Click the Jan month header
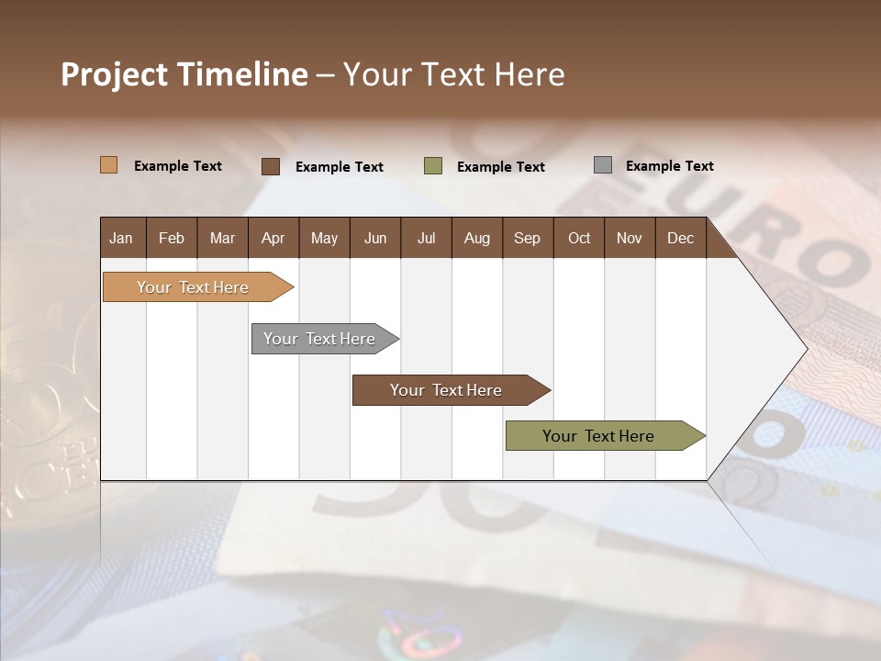122,239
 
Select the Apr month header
273,239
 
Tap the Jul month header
426,239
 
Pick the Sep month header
528,239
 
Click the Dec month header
680,239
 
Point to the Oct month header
579,239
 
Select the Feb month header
172,239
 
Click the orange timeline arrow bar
194,287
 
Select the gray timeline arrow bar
320,339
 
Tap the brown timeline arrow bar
447,390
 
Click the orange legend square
108,165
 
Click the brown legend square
271,166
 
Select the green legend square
433,165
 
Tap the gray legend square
603,165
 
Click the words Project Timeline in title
184,74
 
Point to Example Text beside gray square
669,166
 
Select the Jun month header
375,239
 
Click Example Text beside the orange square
178,166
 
